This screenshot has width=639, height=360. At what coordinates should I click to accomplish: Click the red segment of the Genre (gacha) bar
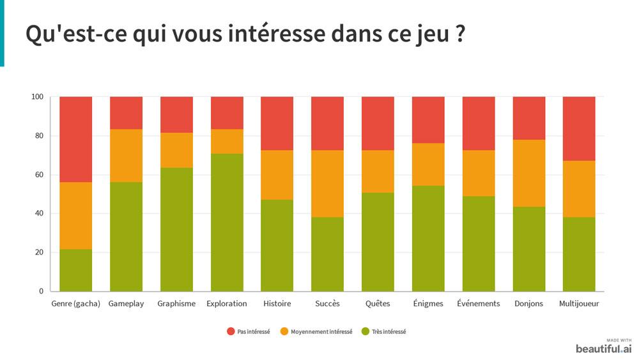click(x=75, y=139)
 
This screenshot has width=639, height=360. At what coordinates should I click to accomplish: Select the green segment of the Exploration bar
click(x=227, y=222)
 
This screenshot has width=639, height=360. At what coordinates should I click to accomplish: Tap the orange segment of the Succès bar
click(x=327, y=184)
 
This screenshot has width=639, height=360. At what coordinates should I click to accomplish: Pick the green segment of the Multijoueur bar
click(x=579, y=254)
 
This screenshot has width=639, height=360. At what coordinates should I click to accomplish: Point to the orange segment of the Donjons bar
click(x=529, y=173)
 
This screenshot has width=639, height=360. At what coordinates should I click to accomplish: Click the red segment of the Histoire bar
click(x=277, y=123)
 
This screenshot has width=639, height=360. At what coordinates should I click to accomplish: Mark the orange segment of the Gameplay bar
click(x=126, y=155)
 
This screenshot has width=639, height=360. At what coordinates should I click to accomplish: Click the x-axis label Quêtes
click(x=378, y=304)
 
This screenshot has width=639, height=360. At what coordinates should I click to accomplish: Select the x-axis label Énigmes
click(x=428, y=304)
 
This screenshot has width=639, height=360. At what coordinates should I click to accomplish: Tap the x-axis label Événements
click(x=479, y=304)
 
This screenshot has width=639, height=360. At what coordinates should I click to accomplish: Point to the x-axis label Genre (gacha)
click(x=76, y=304)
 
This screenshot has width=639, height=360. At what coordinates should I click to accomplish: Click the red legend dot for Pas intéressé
click(x=231, y=331)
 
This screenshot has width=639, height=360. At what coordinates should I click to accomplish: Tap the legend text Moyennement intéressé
click(x=321, y=332)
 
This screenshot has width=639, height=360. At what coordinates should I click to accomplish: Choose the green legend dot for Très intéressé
click(x=366, y=331)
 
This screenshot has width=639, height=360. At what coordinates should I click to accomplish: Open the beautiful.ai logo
click(x=604, y=348)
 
